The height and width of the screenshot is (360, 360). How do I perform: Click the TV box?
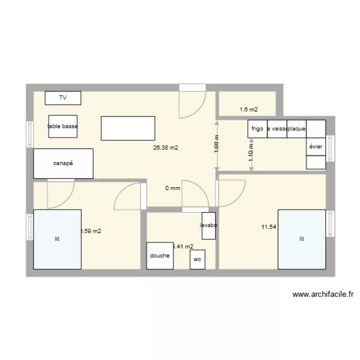(x=63, y=98)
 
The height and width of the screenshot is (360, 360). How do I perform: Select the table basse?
(x=63, y=126)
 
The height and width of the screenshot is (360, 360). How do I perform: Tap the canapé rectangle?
(x=63, y=163)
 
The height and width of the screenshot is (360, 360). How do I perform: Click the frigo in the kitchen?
(x=257, y=129)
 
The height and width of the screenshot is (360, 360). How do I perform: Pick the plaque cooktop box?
(x=297, y=129)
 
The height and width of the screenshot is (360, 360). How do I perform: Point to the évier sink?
(x=316, y=147)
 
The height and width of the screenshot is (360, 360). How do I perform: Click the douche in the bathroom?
(x=160, y=255)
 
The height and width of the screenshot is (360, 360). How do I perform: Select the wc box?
(x=197, y=259)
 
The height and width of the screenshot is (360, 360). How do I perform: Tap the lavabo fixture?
(x=209, y=225)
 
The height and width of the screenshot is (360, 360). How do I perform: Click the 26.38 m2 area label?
(x=166, y=148)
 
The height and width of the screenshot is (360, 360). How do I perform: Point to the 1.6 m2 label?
(x=249, y=109)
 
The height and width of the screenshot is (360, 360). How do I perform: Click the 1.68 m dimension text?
(x=216, y=144)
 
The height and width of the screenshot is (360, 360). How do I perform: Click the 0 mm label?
(x=173, y=188)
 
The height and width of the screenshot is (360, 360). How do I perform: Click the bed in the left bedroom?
(x=57, y=239)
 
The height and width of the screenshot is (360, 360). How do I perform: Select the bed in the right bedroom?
(x=302, y=239)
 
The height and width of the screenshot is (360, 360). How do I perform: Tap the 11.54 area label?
(x=268, y=227)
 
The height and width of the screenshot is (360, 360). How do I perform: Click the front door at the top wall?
(x=192, y=102)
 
